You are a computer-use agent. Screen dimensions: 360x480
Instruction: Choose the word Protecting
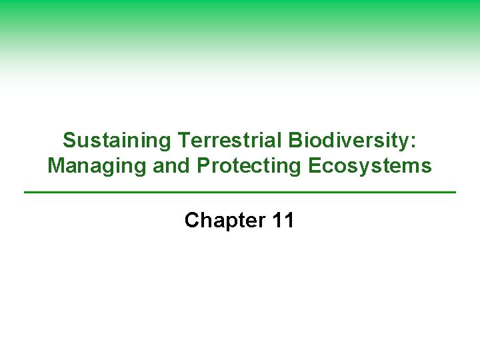coord(245,166)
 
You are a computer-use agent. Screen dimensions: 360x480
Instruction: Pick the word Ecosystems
coord(370,166)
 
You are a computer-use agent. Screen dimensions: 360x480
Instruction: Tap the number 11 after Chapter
coord(283,221)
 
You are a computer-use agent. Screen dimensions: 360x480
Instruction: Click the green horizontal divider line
coord(240,193)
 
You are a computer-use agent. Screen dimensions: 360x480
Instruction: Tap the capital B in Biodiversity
coord(295,141)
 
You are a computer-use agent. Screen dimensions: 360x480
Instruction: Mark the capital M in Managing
coord(55,166)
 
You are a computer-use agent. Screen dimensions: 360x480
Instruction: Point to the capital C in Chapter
coord(192,221)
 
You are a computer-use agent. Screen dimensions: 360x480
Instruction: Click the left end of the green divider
coord(25,193)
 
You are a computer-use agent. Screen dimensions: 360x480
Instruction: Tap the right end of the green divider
coord(455,193)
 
